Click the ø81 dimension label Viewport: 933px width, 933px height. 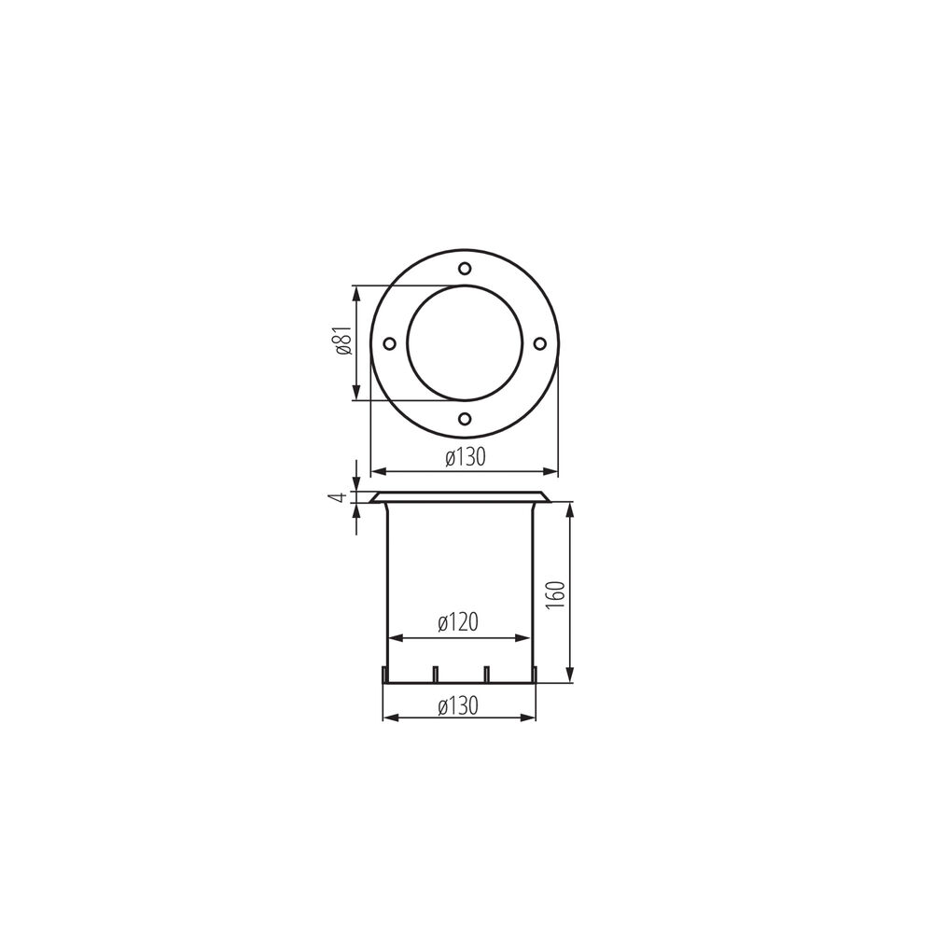(x=342, y=342)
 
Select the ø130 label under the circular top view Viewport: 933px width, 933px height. (x=464, y=458)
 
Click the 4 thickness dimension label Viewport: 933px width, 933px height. (x=342, y=497)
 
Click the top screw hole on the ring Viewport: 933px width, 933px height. (x=465, y=269)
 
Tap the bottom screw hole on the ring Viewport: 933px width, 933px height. (x=465, y=419)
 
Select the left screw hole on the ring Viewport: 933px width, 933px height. (x=390, y=343)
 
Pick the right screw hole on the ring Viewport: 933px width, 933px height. (x=539, y=343)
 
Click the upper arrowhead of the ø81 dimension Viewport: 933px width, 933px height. (x=355, y=291)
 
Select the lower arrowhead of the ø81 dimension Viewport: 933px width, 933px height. (x=355, y=395)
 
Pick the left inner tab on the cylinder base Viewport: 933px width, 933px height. (x=436, y=673)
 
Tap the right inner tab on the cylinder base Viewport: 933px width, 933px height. (x=487, y=673)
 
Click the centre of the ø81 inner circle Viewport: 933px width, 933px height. (x=465, y=343)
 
